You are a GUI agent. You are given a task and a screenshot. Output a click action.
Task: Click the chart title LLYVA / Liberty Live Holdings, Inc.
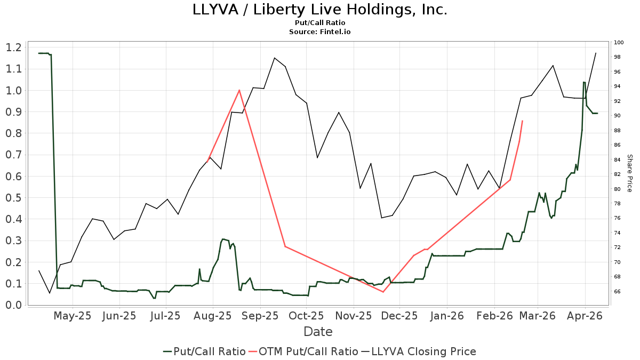(319, 10)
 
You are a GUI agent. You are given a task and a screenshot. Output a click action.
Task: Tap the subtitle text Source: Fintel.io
(319, 32)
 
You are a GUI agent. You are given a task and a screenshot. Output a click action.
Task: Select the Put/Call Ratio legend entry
(204, 351)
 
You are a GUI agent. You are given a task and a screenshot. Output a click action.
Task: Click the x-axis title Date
(318, 332)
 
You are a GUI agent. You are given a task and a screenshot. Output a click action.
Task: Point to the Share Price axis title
(629, 173)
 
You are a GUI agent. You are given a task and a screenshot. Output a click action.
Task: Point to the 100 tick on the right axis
(619, 43)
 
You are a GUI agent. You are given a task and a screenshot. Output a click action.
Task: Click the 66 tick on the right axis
(617, 291)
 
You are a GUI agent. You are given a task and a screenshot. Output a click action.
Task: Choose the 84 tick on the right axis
(617, 159)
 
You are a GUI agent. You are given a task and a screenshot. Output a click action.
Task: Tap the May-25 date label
(73, 316)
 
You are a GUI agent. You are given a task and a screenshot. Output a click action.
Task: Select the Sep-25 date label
(260, 316)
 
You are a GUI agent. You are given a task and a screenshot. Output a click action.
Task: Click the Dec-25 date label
(400, 316)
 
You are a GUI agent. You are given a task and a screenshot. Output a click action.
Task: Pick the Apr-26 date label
(585, 316)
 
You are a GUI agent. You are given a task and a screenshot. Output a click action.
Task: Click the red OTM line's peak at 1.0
(239, 90)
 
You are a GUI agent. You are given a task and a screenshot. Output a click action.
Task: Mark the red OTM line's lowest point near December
(383, 292)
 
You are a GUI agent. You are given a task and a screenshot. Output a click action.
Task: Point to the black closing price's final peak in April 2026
(596, 53)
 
